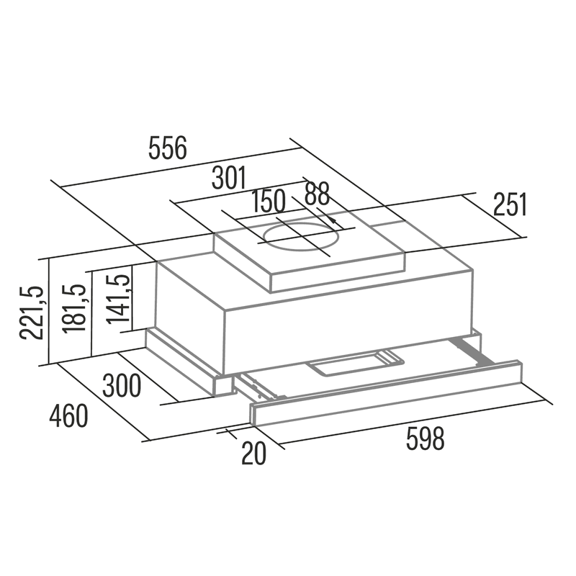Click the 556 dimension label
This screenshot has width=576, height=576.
[168, 148]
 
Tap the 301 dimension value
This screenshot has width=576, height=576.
[228, 178]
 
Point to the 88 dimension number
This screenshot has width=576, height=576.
[317, 193]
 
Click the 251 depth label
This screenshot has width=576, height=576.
[510, 204]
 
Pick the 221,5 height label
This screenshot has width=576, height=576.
[32, 312]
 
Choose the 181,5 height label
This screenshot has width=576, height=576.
[75, 309]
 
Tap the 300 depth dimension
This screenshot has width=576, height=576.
[122, 385]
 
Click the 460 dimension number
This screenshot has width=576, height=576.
[68, 415]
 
